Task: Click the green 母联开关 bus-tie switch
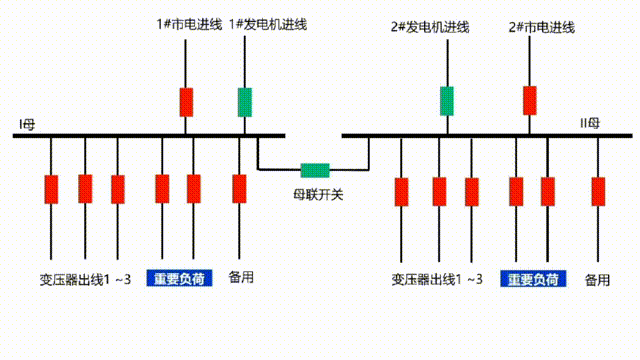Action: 316,170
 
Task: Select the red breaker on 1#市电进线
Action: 186,102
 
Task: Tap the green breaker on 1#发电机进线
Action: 244,102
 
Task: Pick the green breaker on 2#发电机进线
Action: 447,101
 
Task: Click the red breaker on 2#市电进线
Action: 529,101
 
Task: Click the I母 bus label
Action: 27,123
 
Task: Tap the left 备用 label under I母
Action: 241,277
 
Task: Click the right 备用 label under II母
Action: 597,279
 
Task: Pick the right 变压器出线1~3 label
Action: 437,279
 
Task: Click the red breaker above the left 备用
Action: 239,188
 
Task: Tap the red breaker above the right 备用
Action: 598,190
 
